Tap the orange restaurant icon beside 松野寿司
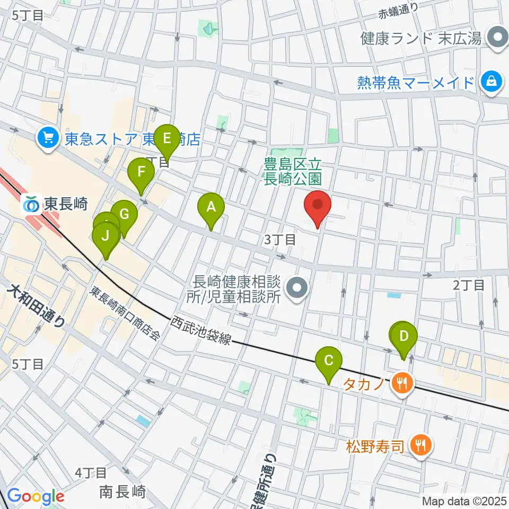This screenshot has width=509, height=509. pos(422,444)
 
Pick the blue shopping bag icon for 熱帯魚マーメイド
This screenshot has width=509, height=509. pos(492,82)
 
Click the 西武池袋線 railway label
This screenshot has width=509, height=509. pos(201,330)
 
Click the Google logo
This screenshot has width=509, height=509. pos(36,497)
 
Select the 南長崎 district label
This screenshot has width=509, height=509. pos(122,492)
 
